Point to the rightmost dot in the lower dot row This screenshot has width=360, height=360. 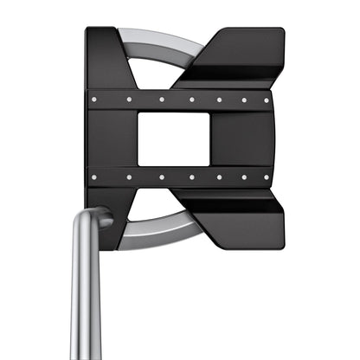click(266, 177)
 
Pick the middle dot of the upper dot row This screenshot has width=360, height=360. click(192, 100)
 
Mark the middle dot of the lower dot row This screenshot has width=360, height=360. click(192, 177)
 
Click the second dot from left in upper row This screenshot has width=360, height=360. click(129, 100)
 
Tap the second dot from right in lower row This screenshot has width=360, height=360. click(243, 177)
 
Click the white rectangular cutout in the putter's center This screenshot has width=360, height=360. click(174, 138)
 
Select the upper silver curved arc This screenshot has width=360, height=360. click(156, 39)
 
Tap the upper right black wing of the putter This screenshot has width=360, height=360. click(238, 56)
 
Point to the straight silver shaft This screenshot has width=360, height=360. click(87, 303)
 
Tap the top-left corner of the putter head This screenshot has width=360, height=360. click(90, 33)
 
